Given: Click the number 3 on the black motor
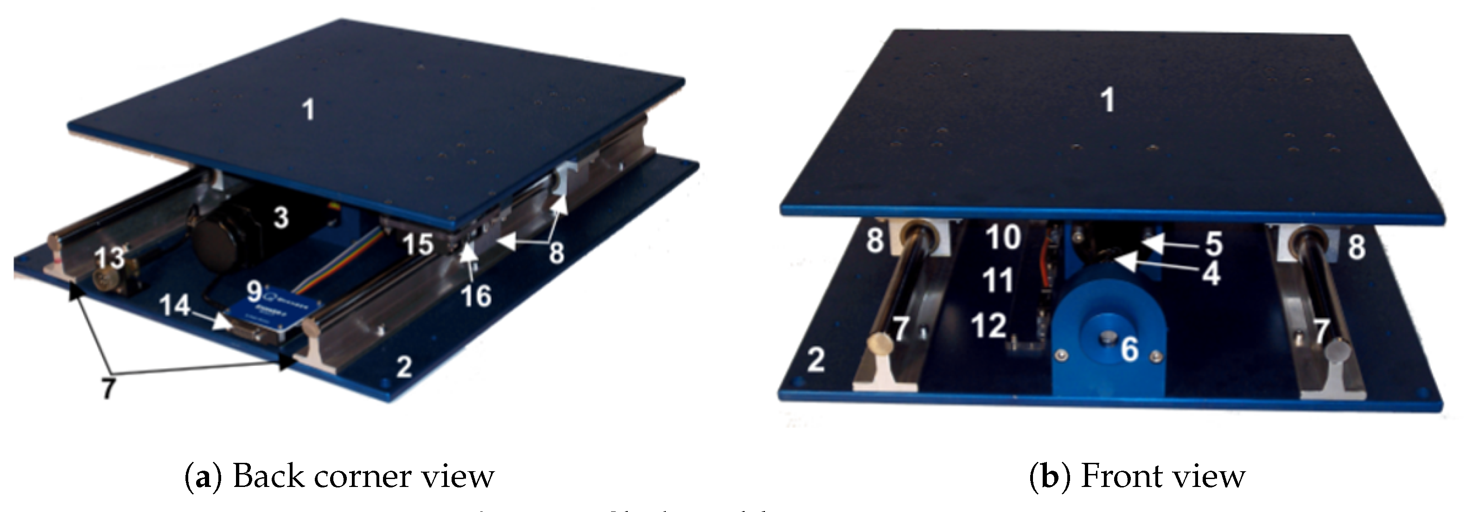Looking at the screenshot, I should tap(280, 218).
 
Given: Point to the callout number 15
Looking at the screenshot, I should tap(418, 244).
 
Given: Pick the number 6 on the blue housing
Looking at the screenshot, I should tap(1130, 349).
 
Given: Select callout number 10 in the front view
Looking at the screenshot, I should tap(1003, 237).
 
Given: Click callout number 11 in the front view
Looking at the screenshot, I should tap(999, 281).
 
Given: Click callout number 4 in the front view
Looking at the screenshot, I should tap(1211, 274).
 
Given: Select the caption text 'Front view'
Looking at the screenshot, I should tap(1162, 476).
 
